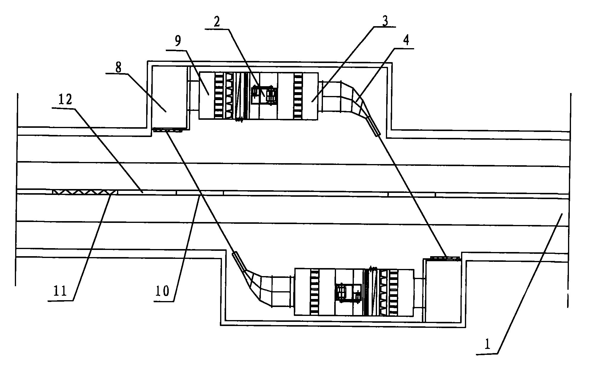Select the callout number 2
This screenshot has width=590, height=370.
point(217,21)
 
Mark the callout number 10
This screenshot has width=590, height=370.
point(162,291)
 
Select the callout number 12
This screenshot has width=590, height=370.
point(65,100)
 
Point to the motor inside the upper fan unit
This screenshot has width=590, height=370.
point(264,95)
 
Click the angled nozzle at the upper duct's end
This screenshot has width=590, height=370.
point(373,126)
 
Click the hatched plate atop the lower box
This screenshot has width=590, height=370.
point(445,258)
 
